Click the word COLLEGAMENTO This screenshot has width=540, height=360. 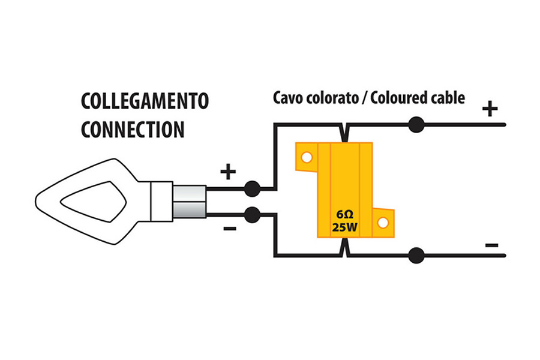coord(145,101)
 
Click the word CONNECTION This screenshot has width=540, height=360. coord(133,130)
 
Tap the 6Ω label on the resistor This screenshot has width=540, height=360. coord(345,215)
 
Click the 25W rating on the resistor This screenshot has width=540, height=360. coord(345,227)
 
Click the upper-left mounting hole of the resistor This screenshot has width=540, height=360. coord(307,157)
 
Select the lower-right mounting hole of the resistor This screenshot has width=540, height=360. coord(383,222)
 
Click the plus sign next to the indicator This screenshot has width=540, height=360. coord(228,171)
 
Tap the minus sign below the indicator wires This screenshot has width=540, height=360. coord(230,229)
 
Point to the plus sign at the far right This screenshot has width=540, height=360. coord(490,109)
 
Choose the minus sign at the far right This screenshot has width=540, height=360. coord(492,245)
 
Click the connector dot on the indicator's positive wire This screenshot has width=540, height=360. coord(252,189)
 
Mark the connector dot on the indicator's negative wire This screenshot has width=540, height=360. coord(252,215)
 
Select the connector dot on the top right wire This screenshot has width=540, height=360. coord(416,125)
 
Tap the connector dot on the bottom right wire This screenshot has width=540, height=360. coord(416,256)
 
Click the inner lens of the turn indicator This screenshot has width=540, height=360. coord(94,202)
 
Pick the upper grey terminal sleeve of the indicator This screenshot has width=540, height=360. coord(190,194)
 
